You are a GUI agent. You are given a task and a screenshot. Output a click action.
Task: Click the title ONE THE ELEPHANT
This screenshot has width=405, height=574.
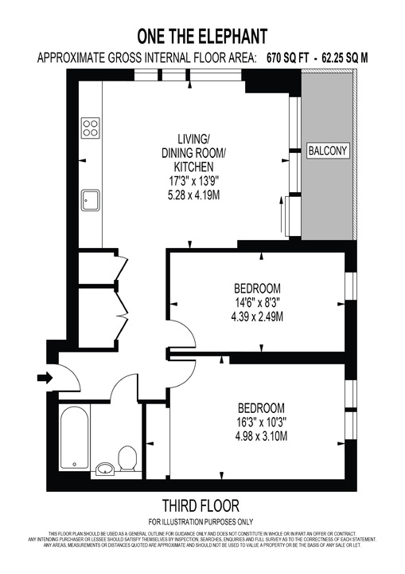tap(201, 36)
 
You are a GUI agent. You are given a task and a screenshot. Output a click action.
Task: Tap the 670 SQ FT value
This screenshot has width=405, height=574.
tap(294, 58)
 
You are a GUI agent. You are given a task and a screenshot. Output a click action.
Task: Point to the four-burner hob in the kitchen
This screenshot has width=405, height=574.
tap(91, 127)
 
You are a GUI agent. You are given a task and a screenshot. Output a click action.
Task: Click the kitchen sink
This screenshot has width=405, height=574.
tap(91, 199)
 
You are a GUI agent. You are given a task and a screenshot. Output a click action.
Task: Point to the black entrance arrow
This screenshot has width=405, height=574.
tap(43, 376)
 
